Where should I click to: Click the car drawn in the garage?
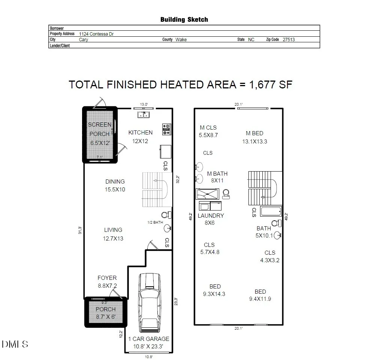pyautogui.click(x=150, y=303)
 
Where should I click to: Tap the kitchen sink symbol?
pyautogui.click(x=144, y=115)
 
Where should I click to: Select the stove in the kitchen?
pyautogui.click(x=167, y=129)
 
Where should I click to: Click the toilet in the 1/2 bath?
pyautogui.click(x=166, y=215)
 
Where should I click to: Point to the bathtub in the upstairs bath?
pyautogui.click(x=271, y=211)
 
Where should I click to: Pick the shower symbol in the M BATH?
pyautogui.click(x=208, y=194)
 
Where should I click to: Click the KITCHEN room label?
pyautogui.click(x=141, y=133)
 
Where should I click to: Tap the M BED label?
pyautogui.click(x=254, y=133)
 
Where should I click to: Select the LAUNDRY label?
pyautogui.click(x=211, y=216)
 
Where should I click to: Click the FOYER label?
pyautogui.click(x=107, y=278)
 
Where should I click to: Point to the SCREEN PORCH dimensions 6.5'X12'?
pyautogui.click(x=100, y=143)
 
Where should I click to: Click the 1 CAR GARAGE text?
pyautogui.click(x=148, y=339)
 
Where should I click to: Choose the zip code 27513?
pyautogui.click(x=289, y=40)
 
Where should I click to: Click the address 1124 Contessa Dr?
pyautogui.click(x=96, y=34)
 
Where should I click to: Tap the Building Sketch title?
pyautogui.click(x=184, y=19)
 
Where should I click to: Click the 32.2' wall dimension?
pyautogui.click(x=178, y=179)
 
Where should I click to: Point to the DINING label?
pyautogui.click(x=115, y=182)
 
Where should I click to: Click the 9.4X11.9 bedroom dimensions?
pyautogui.click(x=260, y=299)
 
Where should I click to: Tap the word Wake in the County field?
pyautogui.click(x=181, y=40)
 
